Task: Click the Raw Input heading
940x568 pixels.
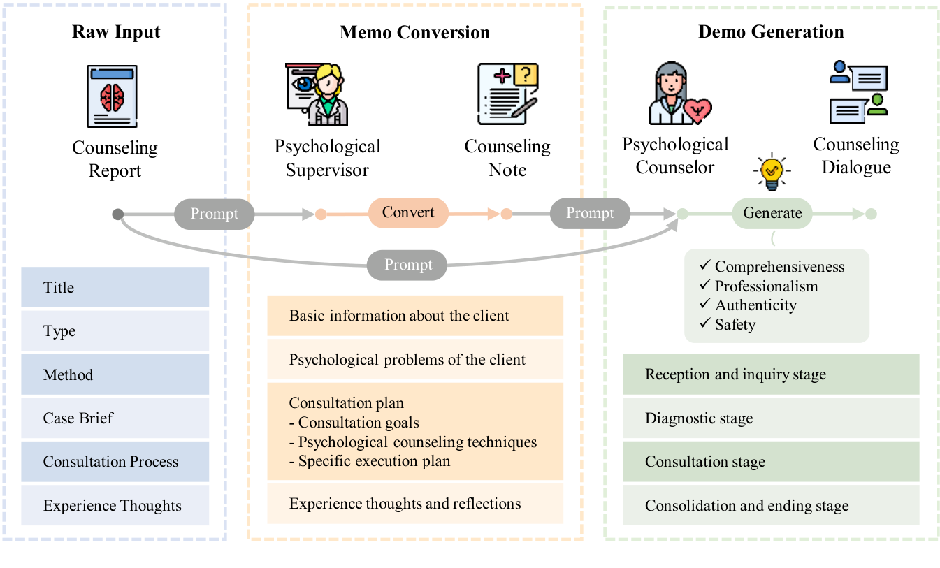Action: coord(116,32)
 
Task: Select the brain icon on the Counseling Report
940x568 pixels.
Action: coord(112,97)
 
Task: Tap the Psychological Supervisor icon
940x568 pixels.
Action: coord(317,95)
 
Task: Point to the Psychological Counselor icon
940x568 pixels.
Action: coord(677,94)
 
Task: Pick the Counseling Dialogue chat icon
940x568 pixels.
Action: coord(858,92)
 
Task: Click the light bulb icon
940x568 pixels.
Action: coord(772,170)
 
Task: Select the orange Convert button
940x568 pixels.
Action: coord(408,212)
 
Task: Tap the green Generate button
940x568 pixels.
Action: coord(772,213)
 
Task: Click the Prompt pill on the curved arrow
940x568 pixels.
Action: coord(408,265)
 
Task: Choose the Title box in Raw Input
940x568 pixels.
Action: coord(115,287)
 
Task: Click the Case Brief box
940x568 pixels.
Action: coord(115,418)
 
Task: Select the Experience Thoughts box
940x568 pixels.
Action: coord(115,505)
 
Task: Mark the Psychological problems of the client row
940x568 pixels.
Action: coord(414,360)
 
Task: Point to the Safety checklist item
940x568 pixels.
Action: coord(734,324)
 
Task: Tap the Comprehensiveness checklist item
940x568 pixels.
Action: coord(778,267)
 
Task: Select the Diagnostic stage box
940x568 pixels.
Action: coord(771,418)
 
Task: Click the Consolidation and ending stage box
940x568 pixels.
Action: coord(771,505)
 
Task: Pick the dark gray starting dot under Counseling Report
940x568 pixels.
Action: coord(118,214)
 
